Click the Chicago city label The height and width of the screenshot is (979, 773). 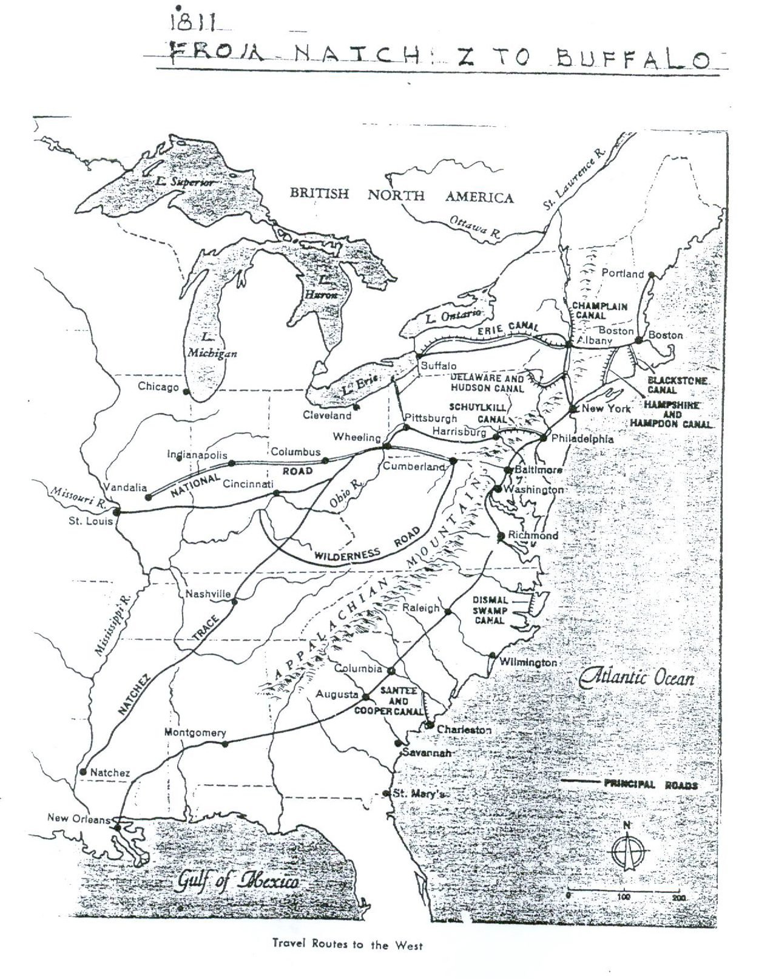[158, 387]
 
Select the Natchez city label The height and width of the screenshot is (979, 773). [110, 773]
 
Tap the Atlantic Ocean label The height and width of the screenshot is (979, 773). [636, 677]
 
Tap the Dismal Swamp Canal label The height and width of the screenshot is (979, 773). [490, 610]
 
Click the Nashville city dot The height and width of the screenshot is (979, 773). [235, 601]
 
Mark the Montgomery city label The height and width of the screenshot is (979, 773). [195, 733]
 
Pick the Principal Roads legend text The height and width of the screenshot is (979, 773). [650, 784]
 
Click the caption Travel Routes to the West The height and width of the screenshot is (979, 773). [347, 944]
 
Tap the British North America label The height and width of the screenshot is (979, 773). [401, 195]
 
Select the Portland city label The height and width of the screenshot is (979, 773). [622, 273]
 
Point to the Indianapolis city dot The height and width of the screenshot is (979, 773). [231, 463]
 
